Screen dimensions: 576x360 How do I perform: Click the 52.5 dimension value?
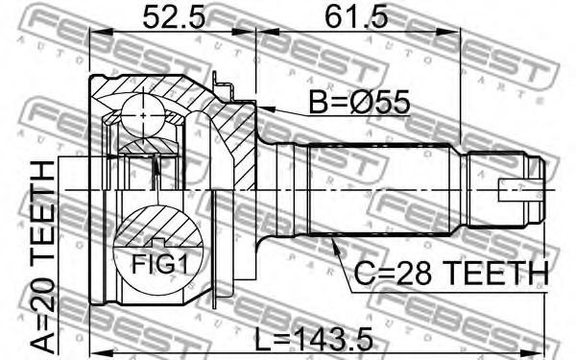click(174, 17)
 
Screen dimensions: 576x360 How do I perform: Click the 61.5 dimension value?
click(357, 17)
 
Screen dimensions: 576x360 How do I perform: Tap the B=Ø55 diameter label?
click(359, 102)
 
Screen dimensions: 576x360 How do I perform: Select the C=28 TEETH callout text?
click(451, 273)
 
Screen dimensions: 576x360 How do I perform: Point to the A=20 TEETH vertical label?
click(43, 256)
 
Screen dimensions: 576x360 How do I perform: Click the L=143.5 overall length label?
click(314, 340)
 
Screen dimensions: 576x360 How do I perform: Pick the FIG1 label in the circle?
click(159, 264)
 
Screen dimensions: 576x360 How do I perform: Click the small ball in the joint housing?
click(143, 115)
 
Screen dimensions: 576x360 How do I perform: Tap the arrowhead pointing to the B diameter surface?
click(265, 108)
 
